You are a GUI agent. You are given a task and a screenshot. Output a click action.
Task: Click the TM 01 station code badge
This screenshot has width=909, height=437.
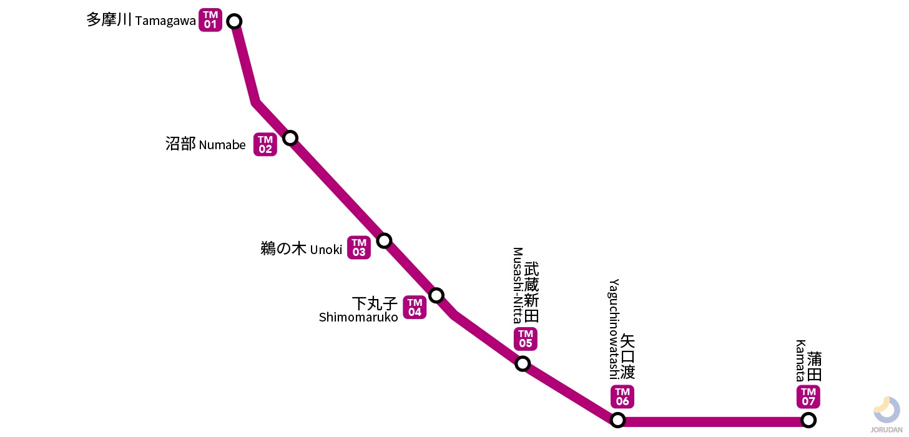(x=210, y=21)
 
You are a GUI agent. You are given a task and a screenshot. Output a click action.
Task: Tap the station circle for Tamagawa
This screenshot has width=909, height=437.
(x=234, y=21)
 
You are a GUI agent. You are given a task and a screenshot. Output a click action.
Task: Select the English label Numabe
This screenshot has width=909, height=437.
(x=222, y=145)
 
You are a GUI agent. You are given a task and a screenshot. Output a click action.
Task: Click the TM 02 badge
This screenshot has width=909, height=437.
(x=265, y=145)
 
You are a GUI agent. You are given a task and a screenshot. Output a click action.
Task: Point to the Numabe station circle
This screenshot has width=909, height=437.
(x=290, y=138)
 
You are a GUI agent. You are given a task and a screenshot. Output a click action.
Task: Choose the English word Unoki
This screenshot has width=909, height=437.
(x=326, y=250)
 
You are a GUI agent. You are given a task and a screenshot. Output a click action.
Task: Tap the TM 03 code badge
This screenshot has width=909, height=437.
(x=359, y=248)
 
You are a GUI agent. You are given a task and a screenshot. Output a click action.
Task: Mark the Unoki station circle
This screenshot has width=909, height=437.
(x=384, y=240)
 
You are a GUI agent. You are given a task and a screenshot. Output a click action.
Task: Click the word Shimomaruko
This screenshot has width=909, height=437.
(x=358, y=317)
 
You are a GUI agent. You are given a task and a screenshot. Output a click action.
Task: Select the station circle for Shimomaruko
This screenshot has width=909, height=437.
(x=436, y=295)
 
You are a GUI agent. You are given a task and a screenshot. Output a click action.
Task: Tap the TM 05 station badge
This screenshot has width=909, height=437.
(x=526, y=339)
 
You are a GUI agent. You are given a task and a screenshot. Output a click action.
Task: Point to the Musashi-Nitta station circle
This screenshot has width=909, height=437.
(x=523, y=363)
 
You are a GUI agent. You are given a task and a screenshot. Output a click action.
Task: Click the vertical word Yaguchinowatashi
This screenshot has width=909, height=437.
(x=613, y=329)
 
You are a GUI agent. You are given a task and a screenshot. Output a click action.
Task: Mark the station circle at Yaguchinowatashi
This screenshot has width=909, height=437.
(x=617, y=420)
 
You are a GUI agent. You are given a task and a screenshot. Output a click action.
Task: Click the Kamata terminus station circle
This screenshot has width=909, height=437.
(x=808, y=420)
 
